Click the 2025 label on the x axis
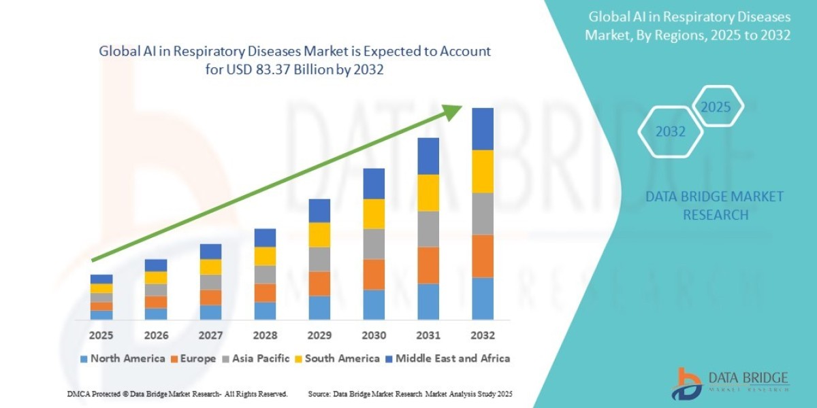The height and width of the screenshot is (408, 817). point(101,335)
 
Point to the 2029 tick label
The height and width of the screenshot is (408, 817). point(319,335)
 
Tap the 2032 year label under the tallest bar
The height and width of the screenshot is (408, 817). point(482,335)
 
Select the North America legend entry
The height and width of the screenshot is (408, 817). point(122,358)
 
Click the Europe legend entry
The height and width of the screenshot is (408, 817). point(194,358)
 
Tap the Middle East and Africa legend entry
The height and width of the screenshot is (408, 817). point(447,358)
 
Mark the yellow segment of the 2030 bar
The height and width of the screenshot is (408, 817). point(374,214)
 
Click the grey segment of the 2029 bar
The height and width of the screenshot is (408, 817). point(319,259)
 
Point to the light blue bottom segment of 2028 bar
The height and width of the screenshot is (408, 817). point(265,311)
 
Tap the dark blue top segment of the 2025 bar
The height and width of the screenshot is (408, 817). point(101,279)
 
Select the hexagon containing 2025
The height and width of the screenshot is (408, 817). point(716,107)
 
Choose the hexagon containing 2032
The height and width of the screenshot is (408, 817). point(671,132)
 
